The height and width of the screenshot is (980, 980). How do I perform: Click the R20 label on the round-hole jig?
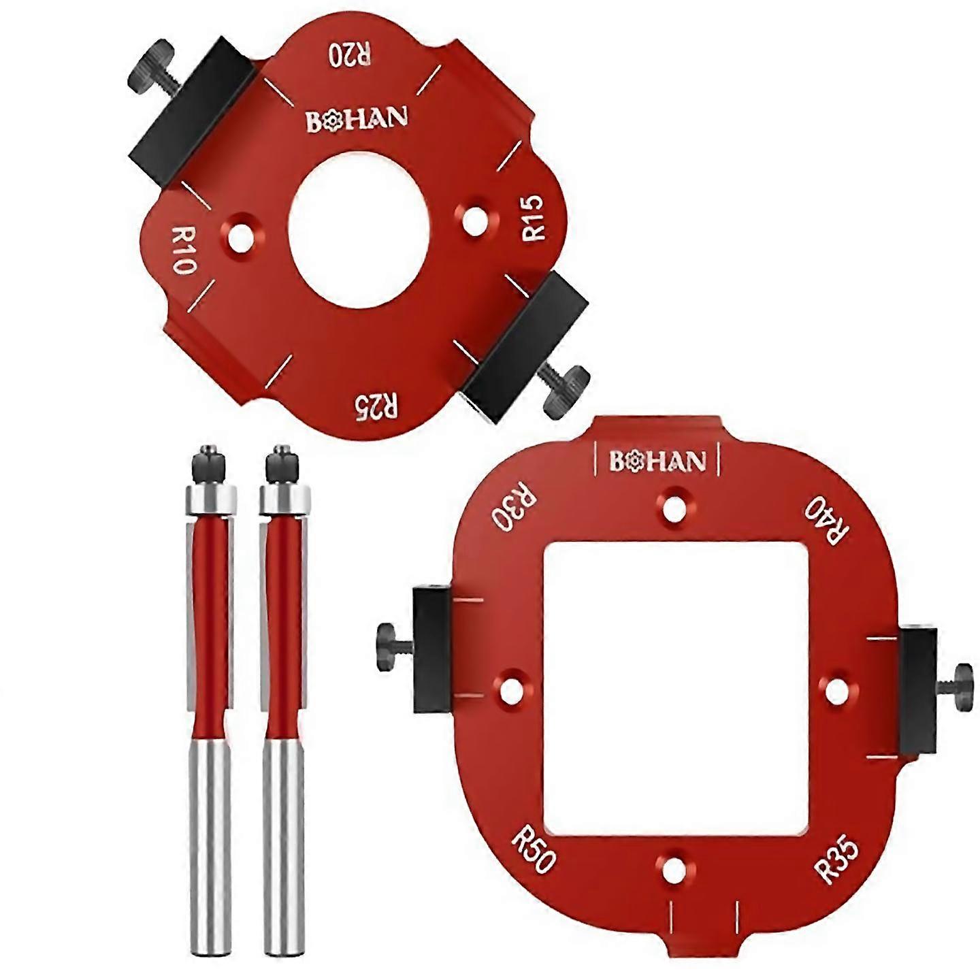350,54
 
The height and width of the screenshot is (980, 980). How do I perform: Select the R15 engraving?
534,218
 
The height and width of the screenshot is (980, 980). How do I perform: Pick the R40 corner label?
826,521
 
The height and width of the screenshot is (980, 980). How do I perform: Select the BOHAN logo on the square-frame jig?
657,461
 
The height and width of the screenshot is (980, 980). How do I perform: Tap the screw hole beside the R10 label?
241,240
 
